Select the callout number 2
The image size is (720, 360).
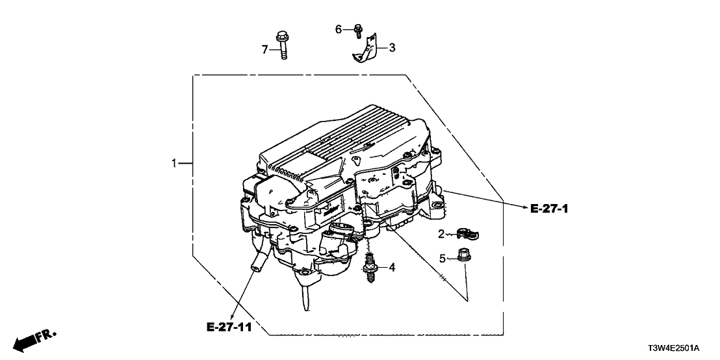tap(441, 234)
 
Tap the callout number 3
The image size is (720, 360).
tap(392, 47)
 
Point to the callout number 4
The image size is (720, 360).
tap(392, 267)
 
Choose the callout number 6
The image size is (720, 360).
tap(338, 29)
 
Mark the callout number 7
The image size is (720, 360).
tap(264, 49)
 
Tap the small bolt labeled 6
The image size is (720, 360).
tap(358, 30)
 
